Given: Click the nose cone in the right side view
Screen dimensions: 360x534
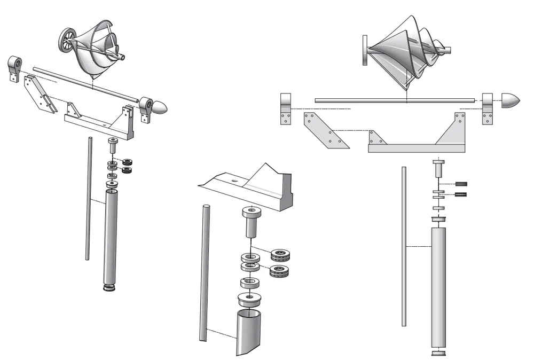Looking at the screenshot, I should (x=511, y=100).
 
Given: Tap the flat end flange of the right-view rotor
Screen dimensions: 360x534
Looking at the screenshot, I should (x=365, y=50).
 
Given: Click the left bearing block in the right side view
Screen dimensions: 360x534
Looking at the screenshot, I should (x=286, y=108).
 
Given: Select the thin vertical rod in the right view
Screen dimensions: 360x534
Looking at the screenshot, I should (x=404, y=246).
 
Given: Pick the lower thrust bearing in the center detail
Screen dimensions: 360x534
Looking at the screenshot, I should (x=280, y=271).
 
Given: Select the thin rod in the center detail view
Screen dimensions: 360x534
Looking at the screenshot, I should (x=203, y=272).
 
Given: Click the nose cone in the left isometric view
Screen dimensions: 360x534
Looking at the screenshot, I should (x=160, y=106).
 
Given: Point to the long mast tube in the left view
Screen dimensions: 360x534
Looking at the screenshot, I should (x=111, y=238).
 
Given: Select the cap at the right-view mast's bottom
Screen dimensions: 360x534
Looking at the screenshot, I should (x=438, y=352).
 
